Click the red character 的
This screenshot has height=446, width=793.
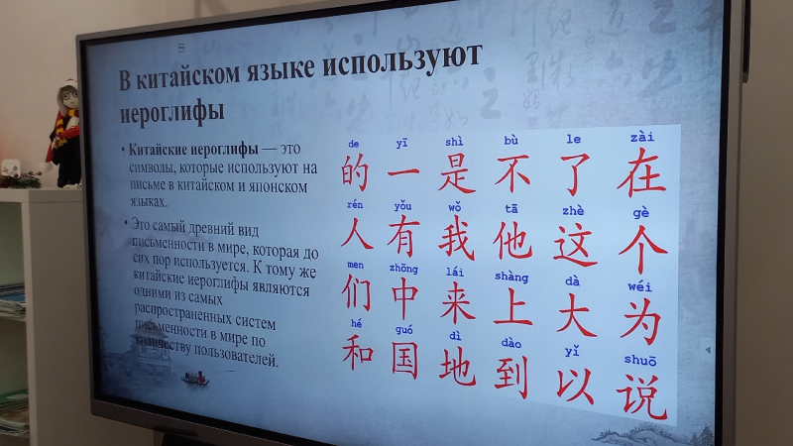[355, 171]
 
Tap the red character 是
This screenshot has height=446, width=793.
[457, 172]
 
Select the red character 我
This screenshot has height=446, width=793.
[456, 238]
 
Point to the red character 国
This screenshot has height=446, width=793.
[404, 360]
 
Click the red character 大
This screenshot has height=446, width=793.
[576, 316]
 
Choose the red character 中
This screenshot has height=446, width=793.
[404, 299]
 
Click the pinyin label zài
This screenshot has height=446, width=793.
[641, 137]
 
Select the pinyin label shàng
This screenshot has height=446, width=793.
[511, 277]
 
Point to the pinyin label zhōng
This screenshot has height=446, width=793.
[403, 268]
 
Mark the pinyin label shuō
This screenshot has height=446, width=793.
[639, 360]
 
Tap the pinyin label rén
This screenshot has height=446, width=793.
[355, 204]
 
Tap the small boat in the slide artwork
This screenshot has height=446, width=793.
[195, 378]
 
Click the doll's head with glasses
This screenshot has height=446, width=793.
[67, 97]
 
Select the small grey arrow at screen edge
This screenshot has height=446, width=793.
[708, 350]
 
